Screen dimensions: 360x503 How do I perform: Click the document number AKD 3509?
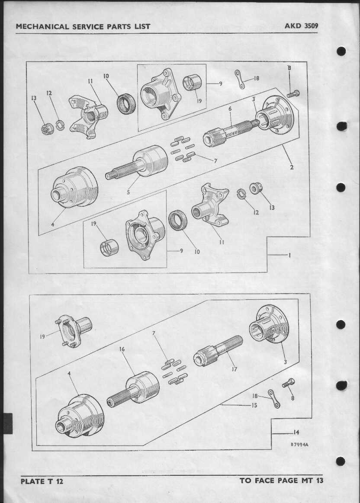(301, 26)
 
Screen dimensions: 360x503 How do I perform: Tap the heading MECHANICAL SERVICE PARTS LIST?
(83, 26)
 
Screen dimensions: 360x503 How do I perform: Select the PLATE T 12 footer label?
(42, 481)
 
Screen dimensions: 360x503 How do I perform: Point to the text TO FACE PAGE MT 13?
(281, 480)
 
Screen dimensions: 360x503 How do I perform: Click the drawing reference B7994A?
(299, 445)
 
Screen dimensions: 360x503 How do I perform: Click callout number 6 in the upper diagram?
(230, 109)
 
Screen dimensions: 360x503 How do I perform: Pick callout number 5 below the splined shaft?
(129, 192)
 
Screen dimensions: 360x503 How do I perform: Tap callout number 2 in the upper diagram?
(292, 167)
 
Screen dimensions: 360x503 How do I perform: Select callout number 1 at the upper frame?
(289, 255)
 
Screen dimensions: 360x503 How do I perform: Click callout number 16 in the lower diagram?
(122, 349)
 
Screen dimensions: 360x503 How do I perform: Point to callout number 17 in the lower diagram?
(235, 369)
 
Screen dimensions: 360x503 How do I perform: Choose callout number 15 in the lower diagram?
(254, 405)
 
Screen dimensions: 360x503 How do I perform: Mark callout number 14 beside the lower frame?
(296, 433)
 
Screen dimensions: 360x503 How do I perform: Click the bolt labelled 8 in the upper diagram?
(292, 94)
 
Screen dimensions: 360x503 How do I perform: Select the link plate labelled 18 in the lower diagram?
(274, 398)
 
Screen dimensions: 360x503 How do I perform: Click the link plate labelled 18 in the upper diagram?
(239, 79)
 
